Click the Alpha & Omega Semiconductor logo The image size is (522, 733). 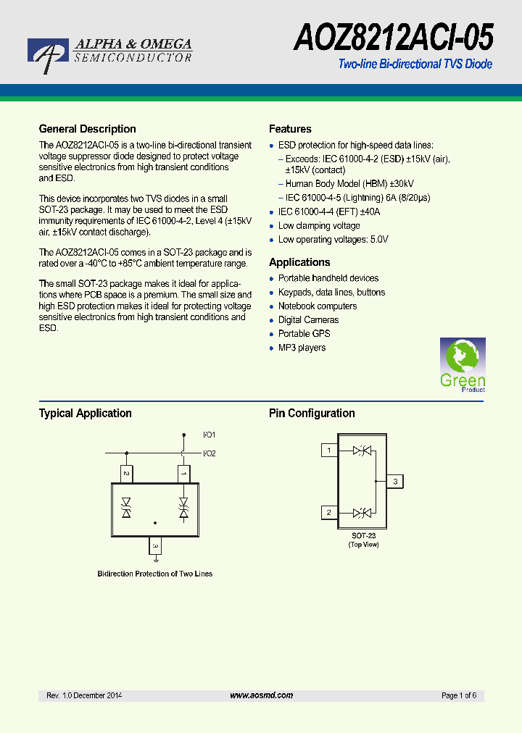click(x=109, y=53)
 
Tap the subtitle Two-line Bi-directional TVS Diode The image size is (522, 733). click(x=415, y=64)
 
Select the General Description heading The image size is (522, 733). click(x=87, y=129)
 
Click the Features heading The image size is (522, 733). click(x=290, y=129)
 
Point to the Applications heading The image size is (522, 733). click(x=299, y=262)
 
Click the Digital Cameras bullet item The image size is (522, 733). click(x=308, y=320)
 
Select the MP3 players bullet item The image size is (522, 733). click(x=302, y=348)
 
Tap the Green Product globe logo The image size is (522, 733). click(x=463, y=364)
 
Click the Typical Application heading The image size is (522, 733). click(x=85, y=414)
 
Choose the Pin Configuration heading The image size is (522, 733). click(x=312, y=414)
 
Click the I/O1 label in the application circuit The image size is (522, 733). click(x=210, y=435)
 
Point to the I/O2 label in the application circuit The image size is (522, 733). click(x=210, y=453)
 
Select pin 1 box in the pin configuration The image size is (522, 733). click(x=329, y=451)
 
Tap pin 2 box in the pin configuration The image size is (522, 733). click(x=329, y=513)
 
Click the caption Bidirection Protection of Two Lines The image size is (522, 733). click(x=155, y=574)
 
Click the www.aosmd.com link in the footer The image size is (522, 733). click(x=261, y=695)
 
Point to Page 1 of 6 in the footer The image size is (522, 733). click(x=458, y=695)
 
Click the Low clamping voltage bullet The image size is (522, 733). click(x=319, y=226)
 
